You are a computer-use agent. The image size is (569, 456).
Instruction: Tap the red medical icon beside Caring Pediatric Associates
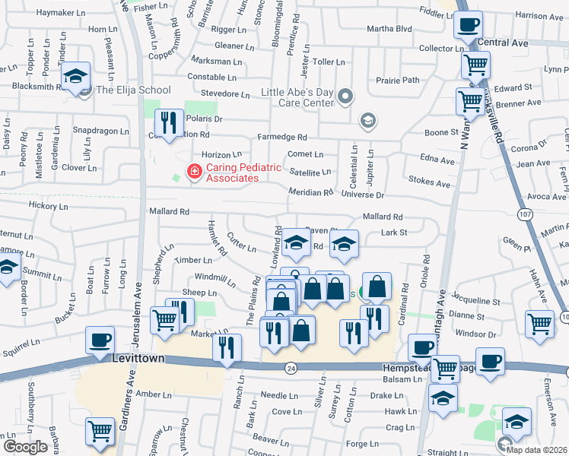pos(194,173)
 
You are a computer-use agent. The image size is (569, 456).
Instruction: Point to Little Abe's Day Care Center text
pos(297,97)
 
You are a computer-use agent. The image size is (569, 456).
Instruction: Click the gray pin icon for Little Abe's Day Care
pos(346,96)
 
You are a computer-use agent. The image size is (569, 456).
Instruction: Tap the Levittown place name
pos(139,357)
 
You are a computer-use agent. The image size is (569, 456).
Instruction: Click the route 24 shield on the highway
pos(291,368)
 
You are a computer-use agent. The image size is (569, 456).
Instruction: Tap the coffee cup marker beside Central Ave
pos(468,25)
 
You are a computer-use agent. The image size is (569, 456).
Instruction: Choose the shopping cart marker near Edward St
pos(475,65)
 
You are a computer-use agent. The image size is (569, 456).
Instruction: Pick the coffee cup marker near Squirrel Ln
pos(100,340)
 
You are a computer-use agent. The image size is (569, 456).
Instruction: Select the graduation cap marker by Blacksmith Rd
pos(76,76)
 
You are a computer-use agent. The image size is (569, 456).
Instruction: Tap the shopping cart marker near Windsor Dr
pos(539,322)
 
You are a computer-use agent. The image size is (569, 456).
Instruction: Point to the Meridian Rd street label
pos(311,192)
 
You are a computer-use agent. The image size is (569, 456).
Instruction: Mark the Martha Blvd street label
pos(389,29)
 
